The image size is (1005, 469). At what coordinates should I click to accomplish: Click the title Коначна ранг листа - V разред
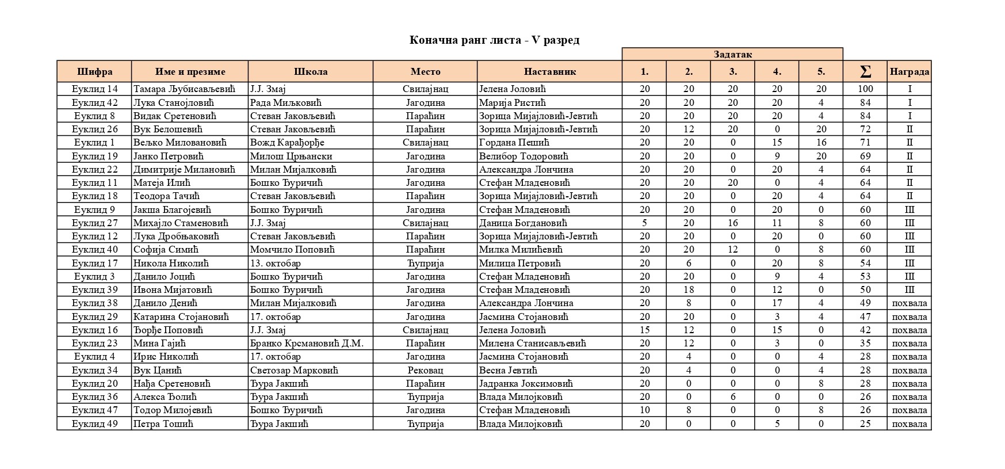[494, 40]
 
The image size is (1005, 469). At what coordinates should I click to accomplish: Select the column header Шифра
[94, 71]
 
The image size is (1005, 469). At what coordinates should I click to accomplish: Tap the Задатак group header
[732, 54]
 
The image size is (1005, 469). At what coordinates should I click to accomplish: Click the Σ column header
[865, 71]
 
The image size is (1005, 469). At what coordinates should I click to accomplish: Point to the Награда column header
[909, 71]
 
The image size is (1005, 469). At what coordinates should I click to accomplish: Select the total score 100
[865, 89]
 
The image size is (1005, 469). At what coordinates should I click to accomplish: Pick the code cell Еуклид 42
[94, 102]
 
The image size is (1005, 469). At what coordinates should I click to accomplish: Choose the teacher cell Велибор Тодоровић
[523, 156]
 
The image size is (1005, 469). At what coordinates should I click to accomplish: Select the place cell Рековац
[425, 370]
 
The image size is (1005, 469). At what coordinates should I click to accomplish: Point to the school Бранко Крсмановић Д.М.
[307, 344]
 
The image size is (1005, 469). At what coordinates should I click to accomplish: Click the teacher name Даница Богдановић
[523, 223]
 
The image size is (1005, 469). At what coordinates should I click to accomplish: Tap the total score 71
[865, 143]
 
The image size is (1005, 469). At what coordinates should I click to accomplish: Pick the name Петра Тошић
[163, 424]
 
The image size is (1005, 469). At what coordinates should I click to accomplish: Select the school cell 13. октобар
[276, 263]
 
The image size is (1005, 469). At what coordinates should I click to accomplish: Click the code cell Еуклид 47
[94, 410]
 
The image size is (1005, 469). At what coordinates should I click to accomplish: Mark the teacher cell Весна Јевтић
[508, 370]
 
